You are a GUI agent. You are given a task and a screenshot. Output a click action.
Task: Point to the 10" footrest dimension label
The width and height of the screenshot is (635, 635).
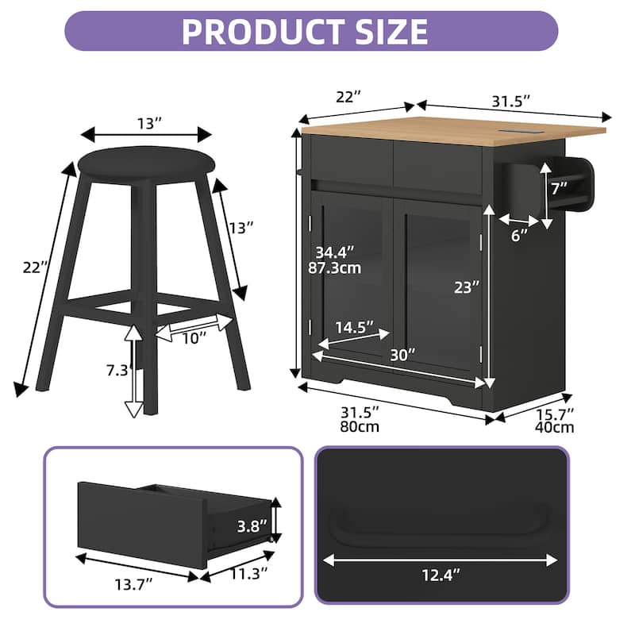tap(191, 337)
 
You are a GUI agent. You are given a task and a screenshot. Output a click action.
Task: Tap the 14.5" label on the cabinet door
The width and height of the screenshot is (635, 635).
tap(354, 327)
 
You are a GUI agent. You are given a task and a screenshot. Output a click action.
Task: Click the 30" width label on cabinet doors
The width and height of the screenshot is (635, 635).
tap(403, 355)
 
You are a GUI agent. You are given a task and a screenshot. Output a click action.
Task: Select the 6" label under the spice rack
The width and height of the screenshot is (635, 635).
tap(519, 237)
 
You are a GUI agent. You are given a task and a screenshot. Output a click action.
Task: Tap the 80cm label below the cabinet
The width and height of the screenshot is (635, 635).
tap(360, 427)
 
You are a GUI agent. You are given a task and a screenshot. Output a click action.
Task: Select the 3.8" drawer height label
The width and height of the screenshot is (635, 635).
tap(252, 525)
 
